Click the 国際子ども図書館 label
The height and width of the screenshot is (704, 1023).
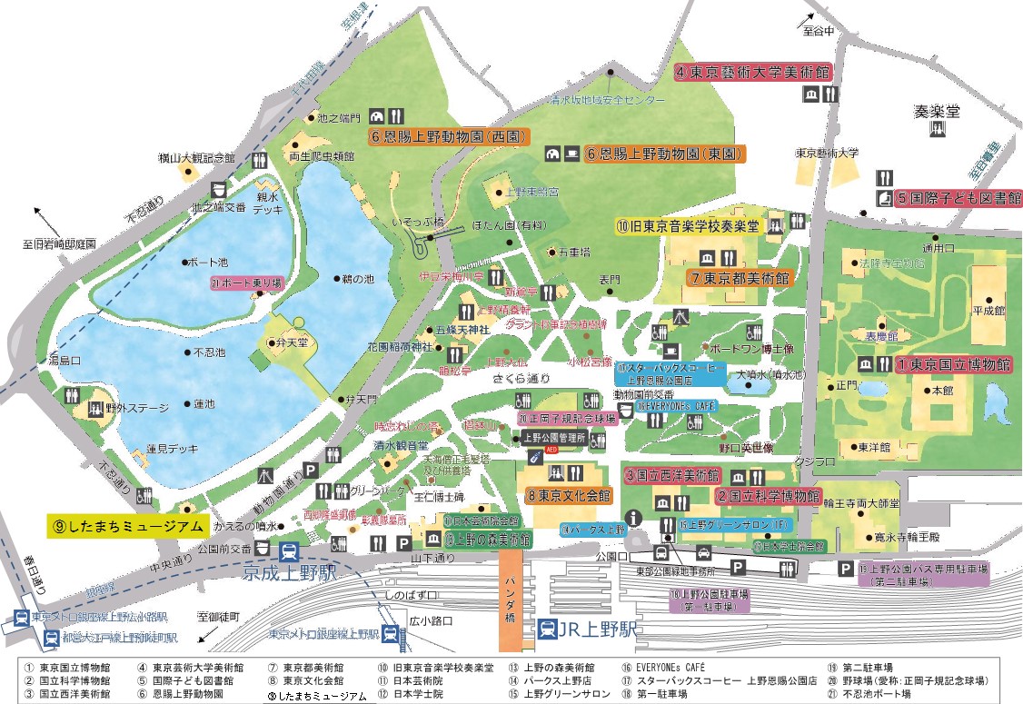(958, 197)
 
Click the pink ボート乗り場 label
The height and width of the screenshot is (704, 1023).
(247, 283)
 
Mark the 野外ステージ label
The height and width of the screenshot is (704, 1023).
(126, 407)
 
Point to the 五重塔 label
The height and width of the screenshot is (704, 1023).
(579, 252)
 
